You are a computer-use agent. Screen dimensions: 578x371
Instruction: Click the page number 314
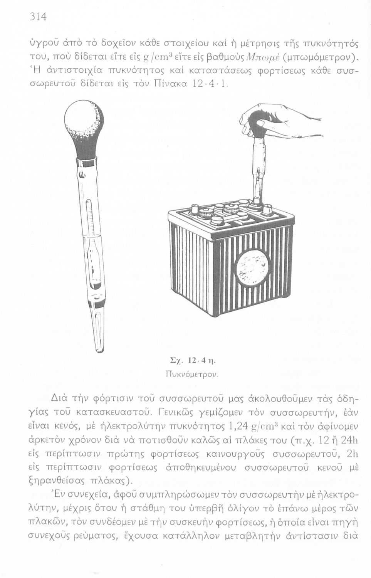pyautogui.click(x=38, y=17)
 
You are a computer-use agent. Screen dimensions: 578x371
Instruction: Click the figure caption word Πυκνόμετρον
pyautogui.click(x=191, y=374)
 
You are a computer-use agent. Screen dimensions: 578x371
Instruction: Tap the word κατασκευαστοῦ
pyautogui.click(x=123, y=413)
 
